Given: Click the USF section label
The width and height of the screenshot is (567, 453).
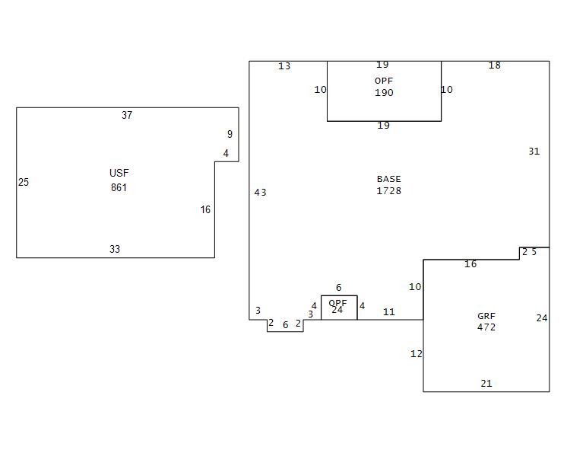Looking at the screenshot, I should point(119,174).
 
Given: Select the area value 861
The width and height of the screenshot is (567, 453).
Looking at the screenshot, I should point(119,187).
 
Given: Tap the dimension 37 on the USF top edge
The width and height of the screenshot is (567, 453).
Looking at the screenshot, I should point(127,116).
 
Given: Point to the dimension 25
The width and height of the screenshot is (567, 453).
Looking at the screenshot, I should point(24,183).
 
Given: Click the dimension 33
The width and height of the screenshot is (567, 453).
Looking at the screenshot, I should point(115,250).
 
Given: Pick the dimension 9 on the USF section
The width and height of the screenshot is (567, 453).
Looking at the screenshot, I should point(230,135).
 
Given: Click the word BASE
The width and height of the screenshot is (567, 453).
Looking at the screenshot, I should point(388,180).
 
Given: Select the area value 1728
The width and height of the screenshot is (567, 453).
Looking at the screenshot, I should point(388,191).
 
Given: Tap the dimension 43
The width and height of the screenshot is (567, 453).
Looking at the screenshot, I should point(260,193).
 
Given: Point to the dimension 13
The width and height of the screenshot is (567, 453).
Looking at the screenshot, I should point(284,66).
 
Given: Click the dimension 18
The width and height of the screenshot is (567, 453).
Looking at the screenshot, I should point(494,65).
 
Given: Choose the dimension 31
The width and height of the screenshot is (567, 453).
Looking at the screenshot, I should point(534,152).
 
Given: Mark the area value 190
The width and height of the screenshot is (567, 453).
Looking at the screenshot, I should point(384,93).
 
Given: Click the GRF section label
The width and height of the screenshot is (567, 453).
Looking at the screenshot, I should point(486,316).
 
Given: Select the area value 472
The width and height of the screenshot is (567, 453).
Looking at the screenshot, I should point(486,327).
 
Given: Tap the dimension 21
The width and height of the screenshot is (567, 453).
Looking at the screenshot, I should point(486,384).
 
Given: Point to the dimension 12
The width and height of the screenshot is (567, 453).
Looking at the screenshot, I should point(417,354).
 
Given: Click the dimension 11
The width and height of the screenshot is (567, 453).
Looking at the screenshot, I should point(389,312).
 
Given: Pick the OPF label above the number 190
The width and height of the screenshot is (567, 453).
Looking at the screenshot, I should point(384,81).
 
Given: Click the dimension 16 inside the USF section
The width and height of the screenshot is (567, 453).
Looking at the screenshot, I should point(205,210).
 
